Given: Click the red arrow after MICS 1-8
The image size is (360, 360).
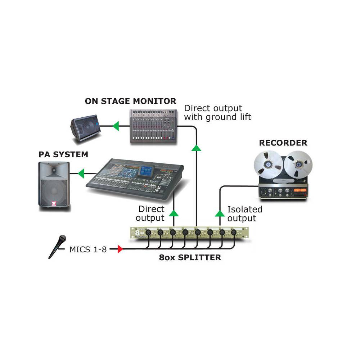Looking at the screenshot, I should (x=120, y=249).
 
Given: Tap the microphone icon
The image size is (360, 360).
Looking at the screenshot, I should (x=58, y=246).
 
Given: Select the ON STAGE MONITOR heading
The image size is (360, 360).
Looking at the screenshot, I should (x=131, y=101).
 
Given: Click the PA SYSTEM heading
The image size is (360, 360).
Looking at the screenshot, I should (x=63, y=155).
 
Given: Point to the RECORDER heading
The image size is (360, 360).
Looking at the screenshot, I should (x=283, y=143).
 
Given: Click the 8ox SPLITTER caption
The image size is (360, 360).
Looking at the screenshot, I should (x=190, y=258).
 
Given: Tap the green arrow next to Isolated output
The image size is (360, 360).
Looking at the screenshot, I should (x=220, y=213).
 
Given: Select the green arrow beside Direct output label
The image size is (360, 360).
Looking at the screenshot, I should (x=174, y=213).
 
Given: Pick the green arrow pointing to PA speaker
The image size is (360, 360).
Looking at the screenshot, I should (x=81, y=174).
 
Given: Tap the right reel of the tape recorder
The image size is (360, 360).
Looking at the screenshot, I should (x=298, y=165).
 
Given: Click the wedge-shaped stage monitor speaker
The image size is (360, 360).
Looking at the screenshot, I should (x=85, y=127).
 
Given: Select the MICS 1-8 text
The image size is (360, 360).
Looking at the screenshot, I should (x=88, y=249).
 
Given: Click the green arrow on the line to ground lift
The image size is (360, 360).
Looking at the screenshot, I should (x=196, y=147).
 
